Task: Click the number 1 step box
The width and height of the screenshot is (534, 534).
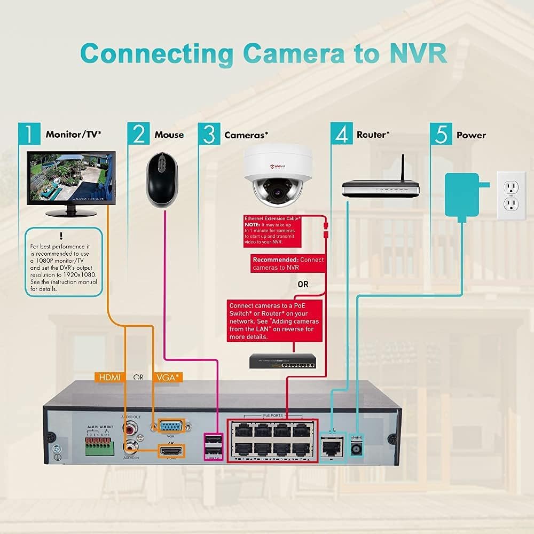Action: [x=29, y=133]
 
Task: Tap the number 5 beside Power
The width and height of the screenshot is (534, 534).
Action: [x=441, y=133]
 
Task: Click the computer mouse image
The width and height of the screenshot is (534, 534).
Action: [x=161, y=180]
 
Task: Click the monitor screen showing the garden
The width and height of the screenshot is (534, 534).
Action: [x=70, y=178]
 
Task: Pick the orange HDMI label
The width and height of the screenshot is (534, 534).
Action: [x=109, y=378]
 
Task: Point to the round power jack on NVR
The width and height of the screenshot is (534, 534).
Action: [x=355, y=450]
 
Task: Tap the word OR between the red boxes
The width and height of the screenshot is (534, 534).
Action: [x=303, y=285]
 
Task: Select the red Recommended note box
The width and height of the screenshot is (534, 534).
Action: [x=288, y=263]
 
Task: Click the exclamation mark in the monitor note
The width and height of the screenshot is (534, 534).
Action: [x=61, y=235]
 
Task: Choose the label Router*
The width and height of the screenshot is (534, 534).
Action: [x=373, y=135]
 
